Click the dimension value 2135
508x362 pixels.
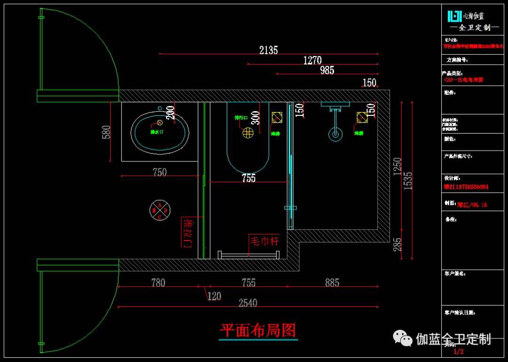click(269, 50)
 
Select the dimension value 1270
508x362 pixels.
click(312, 60)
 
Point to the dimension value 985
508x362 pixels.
click(327, 70)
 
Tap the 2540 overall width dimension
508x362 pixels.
click(248, 303)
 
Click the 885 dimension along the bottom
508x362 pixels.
click(332, 283)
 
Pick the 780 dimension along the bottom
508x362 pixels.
click(158, 283)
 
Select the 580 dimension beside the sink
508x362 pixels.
click(106, 132)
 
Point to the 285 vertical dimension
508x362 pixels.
click(398, 244)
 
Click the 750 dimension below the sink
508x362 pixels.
click(159, 172)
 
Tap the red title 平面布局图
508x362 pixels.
click(259, 330)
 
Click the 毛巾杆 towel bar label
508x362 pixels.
click(264, 241)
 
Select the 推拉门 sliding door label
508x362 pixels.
click(188, 233)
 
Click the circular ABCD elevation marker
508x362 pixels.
click(160, 211)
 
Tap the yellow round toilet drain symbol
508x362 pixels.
click(248, 133)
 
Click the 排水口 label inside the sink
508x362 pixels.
click(157, 132)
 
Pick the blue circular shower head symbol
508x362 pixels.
click(335, 134)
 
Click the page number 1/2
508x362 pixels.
click(458, 351)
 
